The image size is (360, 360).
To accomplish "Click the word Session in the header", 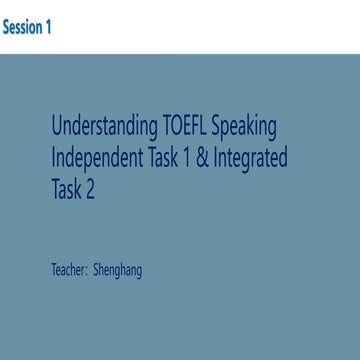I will (x=21, y=27).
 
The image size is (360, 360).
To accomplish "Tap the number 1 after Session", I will (x=48, y=27).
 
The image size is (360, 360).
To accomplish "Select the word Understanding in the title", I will (x=102, y=127).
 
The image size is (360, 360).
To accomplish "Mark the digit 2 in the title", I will (x=97, y=187).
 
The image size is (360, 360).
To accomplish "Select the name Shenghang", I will (x=117, y=270).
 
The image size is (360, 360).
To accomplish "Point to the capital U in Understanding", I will (x=57, y=127).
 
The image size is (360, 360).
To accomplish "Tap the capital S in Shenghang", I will (x=96, y=269).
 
